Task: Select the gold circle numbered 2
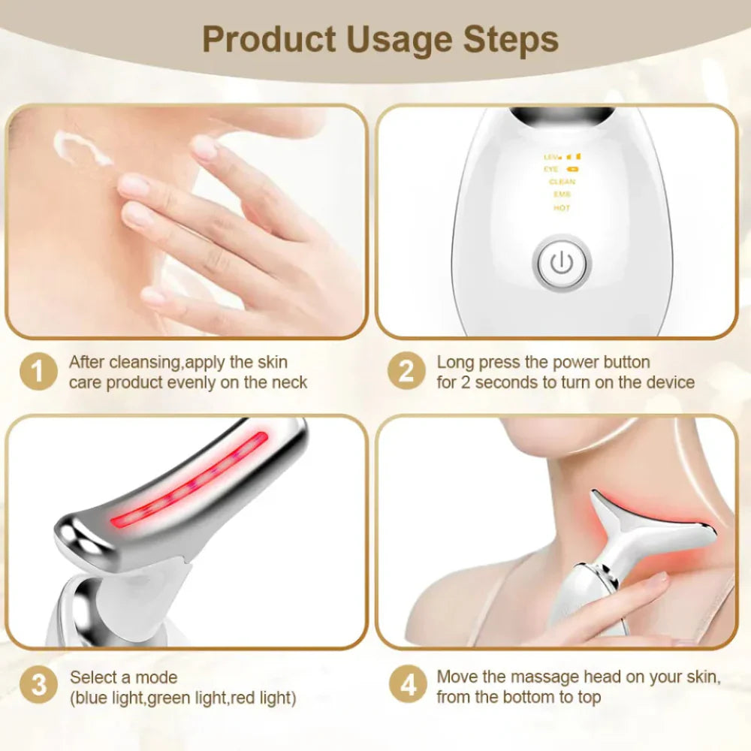[x=406, y=372]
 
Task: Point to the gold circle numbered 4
[x=406, y=686]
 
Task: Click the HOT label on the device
[x=562, y=208]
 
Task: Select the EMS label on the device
[x=562, y=195]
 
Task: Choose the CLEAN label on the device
[x=562, y=182]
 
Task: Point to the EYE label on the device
[x=551, y=170]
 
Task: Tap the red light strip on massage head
[x=192, y=481]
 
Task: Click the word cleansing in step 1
[x=143, y=362]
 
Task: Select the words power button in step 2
[x=601, y=362]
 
